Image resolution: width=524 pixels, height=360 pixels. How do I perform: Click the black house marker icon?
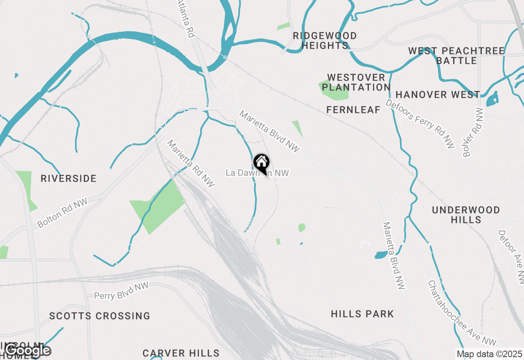261,163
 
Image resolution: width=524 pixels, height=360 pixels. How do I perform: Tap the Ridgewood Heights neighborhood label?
325,40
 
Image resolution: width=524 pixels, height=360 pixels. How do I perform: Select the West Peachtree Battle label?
456,56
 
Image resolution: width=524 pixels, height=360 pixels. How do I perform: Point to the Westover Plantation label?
356,82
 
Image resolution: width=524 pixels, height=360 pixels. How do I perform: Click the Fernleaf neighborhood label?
353,110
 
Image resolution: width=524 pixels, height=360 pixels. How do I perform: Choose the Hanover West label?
438,94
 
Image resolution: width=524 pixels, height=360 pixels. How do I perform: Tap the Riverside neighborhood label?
69,178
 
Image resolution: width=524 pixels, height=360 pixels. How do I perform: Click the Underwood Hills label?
466,215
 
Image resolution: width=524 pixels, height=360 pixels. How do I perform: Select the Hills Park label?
362,314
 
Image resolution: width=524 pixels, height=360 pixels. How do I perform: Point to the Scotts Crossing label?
100,316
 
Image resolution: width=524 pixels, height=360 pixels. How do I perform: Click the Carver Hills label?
181,353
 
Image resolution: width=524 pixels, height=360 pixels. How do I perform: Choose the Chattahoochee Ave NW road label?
462,313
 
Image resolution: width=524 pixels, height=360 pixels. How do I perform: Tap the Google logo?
27,350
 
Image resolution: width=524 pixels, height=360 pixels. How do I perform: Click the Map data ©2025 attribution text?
489,354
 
